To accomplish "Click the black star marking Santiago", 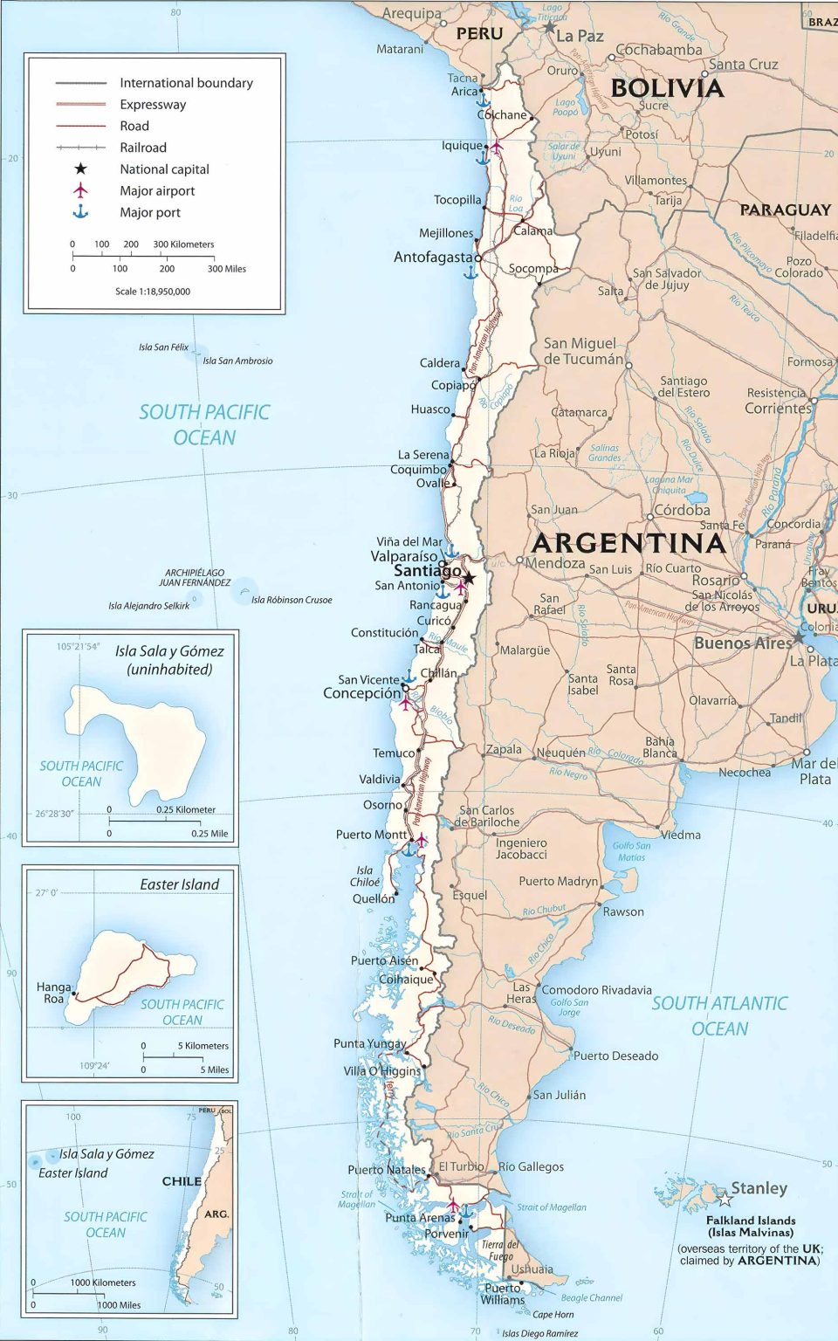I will [469, 578].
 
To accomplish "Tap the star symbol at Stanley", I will [725, 1199].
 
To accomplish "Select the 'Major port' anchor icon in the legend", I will [80, 212].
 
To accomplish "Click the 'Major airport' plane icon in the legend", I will [80, 190].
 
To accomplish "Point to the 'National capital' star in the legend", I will [80, 168].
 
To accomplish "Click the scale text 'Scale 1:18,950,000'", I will [152, 292].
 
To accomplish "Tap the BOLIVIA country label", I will [667, 88].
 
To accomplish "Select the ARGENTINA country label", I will [628, 543].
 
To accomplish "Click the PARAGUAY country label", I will [785, 210].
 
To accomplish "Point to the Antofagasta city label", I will [433, 258].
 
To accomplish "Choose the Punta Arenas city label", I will [420, 1218].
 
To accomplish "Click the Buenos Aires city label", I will [742, 643].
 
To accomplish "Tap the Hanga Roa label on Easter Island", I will [53, 993].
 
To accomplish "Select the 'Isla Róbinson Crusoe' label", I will [292, 600].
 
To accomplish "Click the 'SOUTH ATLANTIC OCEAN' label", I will [719, 1016].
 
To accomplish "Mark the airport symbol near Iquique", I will [496, 147].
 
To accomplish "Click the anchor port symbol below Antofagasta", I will [471, 272].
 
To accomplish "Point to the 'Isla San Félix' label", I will [163, 347].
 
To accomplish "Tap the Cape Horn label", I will [553, 1315].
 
